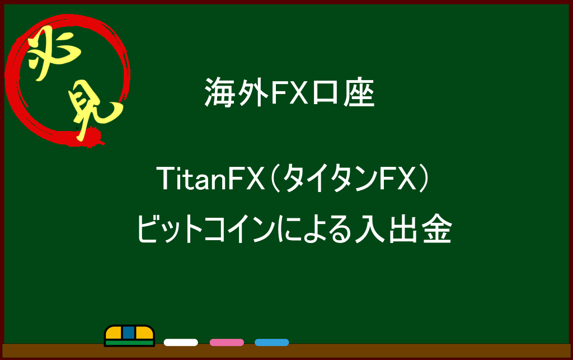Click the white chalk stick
tap(181, 343)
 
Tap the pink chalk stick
tap(227, 343)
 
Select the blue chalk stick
tap(272, 343)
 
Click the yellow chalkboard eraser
tap(129, 335)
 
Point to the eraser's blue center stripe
tap(129, 333)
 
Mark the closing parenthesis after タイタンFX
tap(424, 179)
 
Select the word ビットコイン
tap(206, 229)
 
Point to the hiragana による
tap(314, 230)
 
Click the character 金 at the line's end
tap(438, 229)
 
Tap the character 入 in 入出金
tap(370, 229)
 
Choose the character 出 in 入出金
tap(403, 229)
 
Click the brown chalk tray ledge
tap(286, 351)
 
